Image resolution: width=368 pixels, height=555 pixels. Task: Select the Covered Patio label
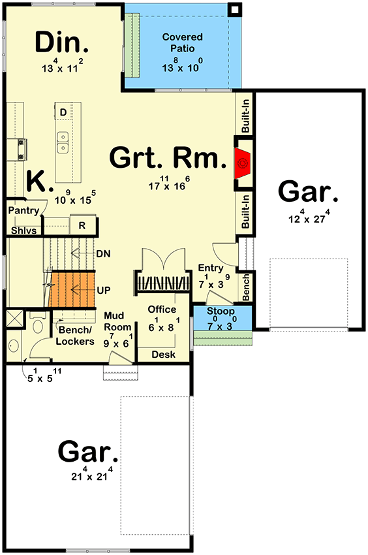183,42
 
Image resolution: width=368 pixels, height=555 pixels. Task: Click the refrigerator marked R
83,226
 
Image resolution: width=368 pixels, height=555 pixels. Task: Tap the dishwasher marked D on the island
63,112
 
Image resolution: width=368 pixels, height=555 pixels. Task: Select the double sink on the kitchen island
63,142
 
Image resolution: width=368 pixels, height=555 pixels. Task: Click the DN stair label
102,253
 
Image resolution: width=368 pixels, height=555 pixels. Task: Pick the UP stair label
102,289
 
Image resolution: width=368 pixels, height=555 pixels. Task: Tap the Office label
161,309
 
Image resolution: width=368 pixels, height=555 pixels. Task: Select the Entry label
211,268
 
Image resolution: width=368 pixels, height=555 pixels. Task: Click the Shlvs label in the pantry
22,230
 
